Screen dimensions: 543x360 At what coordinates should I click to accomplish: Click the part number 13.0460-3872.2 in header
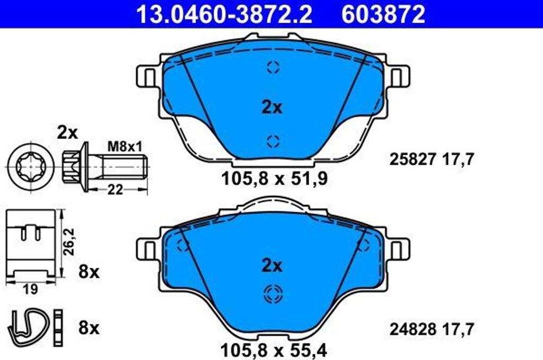point(224,14)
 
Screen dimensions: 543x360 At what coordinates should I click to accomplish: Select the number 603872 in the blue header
point(383,14)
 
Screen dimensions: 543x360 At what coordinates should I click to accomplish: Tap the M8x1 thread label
point(125,147)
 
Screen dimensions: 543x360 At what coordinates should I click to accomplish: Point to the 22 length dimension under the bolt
point(115,190)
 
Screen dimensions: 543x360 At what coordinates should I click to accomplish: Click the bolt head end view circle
point(31,166)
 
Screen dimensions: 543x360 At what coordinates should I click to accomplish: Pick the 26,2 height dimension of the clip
point(69,242)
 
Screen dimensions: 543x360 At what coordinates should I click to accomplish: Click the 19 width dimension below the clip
point(30,289)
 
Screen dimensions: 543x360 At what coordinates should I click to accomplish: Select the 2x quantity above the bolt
point(67,133)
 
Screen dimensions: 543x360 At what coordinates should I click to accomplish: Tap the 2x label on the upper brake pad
point(272,108)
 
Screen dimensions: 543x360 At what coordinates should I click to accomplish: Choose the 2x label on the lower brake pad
point(272,266)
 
